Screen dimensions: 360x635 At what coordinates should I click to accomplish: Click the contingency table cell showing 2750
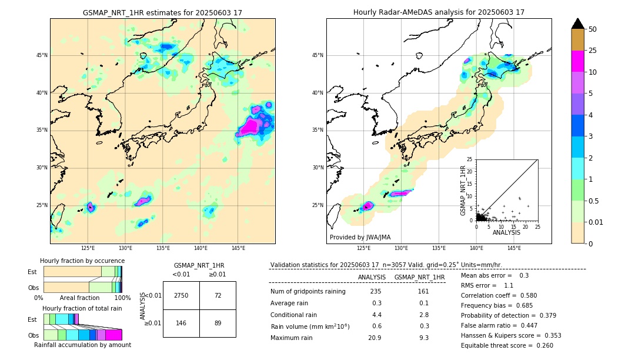pyautogui.click(x=181, y=295)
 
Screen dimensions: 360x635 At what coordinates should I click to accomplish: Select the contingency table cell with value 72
pyautogui.click(x=218, y=295)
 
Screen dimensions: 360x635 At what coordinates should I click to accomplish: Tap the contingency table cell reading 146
pyautogui.click(x=181, y=323)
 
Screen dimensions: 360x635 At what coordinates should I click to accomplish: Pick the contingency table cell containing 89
pyautogui.click(x=218, y=323)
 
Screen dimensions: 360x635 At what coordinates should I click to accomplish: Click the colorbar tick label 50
pyautogui.click(x=593, y=29)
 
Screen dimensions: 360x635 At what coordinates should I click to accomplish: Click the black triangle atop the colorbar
pyautogui.click(x=578, y=24)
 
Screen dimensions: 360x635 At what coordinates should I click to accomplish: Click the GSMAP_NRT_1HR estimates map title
pyautogui.click(x=162, y=12)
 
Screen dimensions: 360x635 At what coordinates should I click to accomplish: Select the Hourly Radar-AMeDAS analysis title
pyautogui.click(x=439, y=12)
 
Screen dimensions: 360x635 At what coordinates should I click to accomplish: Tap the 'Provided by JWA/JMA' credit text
pyautogui.click(x=360, y=238)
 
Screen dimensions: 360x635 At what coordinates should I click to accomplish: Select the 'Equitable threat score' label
pyautogui.click(x=493, y=345)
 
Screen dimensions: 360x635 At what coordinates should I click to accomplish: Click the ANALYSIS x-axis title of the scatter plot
pyautogui.click(x=506, y=232)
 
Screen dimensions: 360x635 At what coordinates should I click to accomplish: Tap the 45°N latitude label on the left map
pyautogui.click(x=41, y=55)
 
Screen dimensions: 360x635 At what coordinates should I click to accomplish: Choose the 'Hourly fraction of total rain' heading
pyautogui.click(x=82, y=308)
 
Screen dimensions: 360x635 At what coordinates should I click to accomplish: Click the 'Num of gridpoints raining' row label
pyautogui.click(x=308, y=292)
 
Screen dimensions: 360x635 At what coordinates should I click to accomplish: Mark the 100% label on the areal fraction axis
pyautogui.click(x=122, y=298)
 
